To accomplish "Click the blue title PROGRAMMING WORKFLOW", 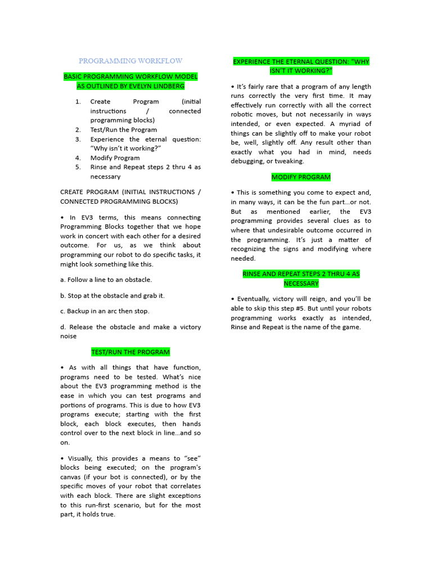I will [130, 61].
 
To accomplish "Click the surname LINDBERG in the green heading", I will [166, 86].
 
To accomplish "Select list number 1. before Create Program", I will [78, 102].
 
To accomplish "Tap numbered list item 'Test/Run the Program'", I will [124, 130].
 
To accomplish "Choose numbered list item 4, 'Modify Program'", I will [115, 158].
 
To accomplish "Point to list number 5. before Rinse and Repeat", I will [78, 167].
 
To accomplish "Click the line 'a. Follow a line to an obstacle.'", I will [106, 280].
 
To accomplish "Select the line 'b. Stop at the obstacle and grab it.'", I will [112, 295].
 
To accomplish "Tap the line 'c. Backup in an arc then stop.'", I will [105, 311].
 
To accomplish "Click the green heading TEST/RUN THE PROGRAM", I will [130, 352].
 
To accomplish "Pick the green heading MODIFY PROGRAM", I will [301, 177].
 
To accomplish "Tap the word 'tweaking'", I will [288, 161].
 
